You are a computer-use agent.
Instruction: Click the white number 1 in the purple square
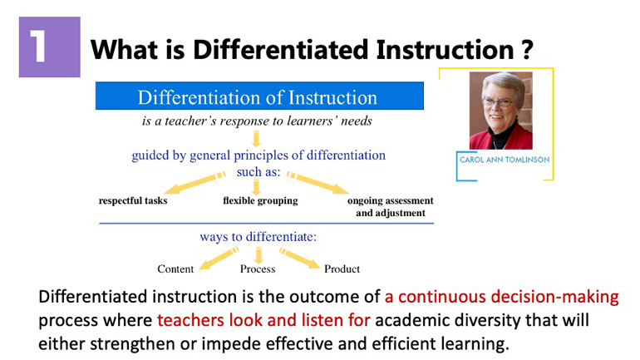(x=38, y=47)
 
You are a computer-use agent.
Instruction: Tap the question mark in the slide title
(x=527, y=49)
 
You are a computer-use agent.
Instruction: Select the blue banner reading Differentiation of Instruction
(x=259, y=96)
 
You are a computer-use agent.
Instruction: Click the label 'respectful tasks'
(x=133, y=200)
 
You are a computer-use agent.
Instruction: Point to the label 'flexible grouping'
(x=260, y=200)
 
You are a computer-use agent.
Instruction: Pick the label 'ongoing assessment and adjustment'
(x=390, y=206)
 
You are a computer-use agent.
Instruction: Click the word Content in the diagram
(x=175, y=269)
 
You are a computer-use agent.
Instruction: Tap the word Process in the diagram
(x=258, y=269)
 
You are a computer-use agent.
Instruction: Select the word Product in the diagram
(x=342, y=269)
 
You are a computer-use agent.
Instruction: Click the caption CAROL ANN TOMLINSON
(x=505, y=160)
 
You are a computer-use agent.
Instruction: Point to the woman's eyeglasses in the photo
(x=497, y=102)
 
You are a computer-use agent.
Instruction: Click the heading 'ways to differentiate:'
(x=258, y=237)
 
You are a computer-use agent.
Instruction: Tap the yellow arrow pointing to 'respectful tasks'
(x=194, y=183)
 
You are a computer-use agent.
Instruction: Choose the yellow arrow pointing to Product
(x=299, y=259)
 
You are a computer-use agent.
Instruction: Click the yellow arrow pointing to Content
(x=219, y=259)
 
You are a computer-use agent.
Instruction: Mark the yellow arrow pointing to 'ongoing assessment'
(x=318, y=182)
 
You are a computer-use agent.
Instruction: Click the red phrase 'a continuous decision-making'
(x=502, y=297)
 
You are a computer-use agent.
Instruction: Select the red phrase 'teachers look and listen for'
(x=263, y=320)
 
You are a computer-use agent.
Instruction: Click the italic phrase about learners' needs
(x=257, y=121)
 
